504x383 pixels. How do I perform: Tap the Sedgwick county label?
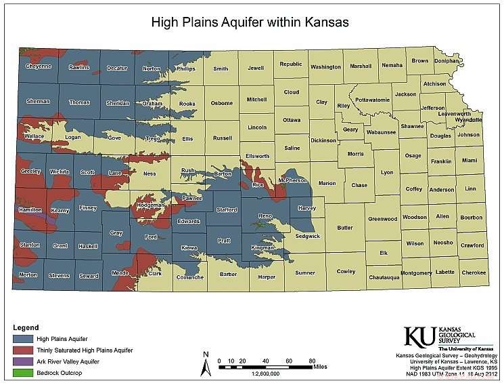click(x=307, y=236)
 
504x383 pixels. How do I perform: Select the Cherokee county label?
click(x=473, y=273)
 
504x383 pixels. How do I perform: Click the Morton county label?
click(x=28, y=275)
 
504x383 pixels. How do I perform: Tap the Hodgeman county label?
click(x=150, y=205)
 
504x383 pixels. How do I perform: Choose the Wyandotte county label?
click(x=469, y=119)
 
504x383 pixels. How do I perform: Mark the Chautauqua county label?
click(x=386, y=277)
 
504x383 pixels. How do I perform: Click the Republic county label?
click(x=291, y=64)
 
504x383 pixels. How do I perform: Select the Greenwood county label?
click(x=382, y=219)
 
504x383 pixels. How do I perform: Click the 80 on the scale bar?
click(x=312, y=360)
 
